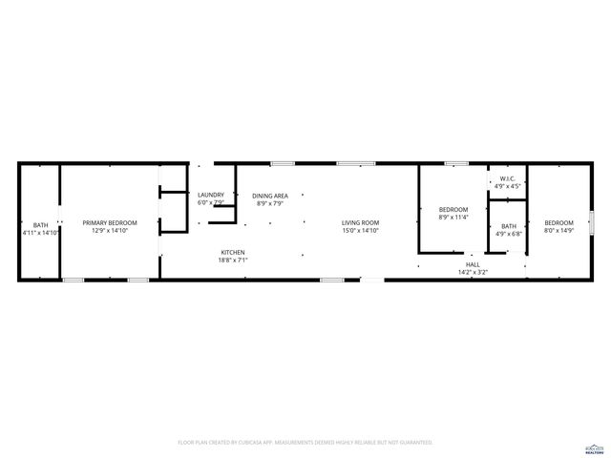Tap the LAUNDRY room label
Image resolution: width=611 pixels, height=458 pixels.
[210, 196]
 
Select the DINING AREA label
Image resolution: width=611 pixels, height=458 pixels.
[270, 196]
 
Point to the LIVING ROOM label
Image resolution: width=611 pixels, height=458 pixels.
[361, 222]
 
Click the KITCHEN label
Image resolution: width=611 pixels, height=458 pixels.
[233, 253]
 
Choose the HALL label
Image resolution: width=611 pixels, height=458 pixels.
[473, 264]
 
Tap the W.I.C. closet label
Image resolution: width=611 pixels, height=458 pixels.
[507, 178]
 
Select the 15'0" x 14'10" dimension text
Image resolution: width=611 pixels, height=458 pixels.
[361, 230]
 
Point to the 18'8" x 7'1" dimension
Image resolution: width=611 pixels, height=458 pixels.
[233, 260]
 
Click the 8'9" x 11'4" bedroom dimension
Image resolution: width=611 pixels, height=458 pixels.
[453, 217]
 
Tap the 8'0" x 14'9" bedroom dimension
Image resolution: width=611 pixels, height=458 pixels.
[559, 230]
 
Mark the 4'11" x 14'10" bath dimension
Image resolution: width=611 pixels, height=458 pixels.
[41, 233]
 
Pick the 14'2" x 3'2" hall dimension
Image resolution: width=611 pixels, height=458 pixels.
[473, 272]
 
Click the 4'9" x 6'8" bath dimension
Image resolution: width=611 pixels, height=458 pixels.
[507, 234]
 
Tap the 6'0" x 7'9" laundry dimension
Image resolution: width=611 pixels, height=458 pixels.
[210, 203]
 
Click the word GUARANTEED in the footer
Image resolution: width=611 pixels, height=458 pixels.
[412, 443]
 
